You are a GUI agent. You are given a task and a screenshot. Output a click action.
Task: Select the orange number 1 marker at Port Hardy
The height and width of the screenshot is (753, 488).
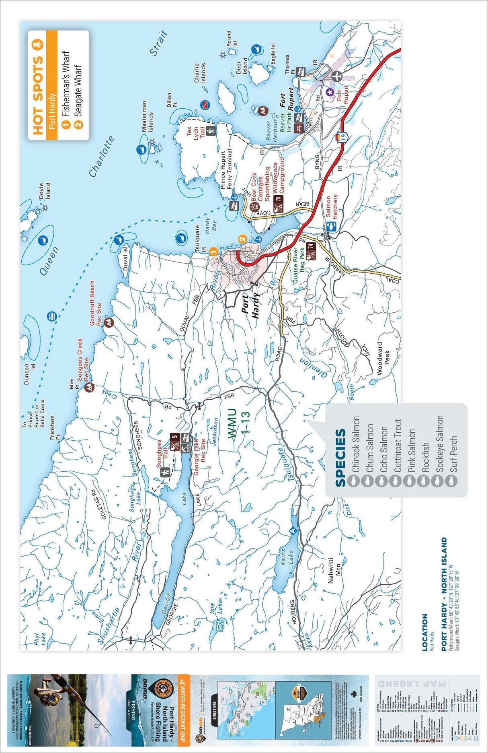214,252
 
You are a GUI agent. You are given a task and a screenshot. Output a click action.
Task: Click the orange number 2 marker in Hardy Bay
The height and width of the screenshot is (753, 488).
242,239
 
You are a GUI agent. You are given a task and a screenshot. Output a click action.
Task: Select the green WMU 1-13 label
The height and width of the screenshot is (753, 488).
238,424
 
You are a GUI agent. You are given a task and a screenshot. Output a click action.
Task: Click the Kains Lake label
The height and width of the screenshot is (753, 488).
287,557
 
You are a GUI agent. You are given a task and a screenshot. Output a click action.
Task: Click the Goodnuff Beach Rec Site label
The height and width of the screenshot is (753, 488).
95,303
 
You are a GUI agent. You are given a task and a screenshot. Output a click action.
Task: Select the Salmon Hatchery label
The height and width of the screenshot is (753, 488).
332,207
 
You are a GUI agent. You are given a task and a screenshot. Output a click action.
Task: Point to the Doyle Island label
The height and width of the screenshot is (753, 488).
45,191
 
